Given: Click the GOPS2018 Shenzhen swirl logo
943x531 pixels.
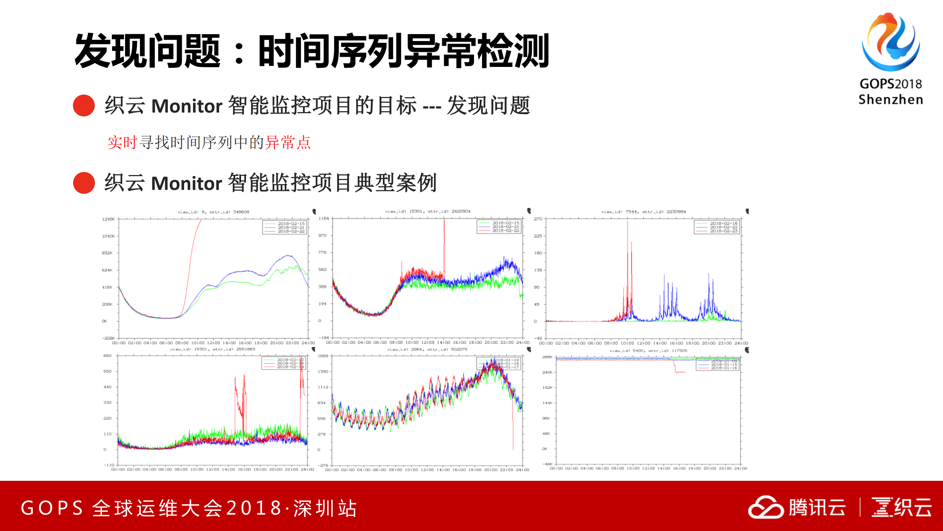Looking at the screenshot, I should point(890,42).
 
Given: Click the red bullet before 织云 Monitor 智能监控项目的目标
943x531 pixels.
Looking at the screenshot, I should point(84,106).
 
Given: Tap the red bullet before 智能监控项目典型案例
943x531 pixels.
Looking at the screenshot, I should point(84,183).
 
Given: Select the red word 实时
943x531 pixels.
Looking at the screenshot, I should point(122,142).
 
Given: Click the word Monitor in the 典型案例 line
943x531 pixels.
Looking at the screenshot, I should point(187,183).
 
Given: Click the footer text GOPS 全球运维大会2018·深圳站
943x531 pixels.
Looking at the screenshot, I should point(189,508).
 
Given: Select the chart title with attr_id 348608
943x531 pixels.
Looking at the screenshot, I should point(214,212).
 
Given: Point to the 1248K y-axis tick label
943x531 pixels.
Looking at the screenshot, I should point(108,219).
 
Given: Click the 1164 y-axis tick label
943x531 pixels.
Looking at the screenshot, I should point(324,218).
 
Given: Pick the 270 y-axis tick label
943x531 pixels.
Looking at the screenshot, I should point(538,219).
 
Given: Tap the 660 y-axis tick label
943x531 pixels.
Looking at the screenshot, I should point(107,356).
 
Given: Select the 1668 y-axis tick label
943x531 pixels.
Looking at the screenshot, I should point(323,356).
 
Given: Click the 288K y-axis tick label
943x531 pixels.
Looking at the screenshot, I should point(547,357).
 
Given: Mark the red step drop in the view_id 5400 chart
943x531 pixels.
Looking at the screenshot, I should point(675,368).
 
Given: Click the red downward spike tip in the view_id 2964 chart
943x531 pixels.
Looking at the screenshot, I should point(513,449).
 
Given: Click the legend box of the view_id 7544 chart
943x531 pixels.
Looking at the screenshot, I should point(717,227).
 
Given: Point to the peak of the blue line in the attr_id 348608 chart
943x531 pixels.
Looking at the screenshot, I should point(289,255).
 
